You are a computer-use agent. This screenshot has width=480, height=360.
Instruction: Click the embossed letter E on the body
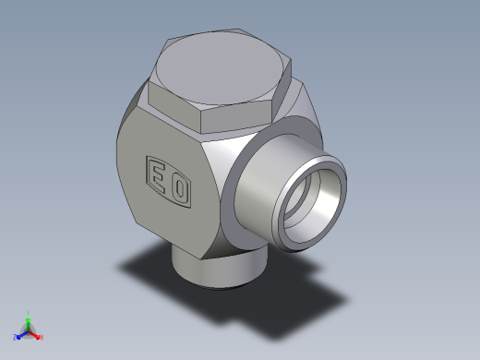(158, 178)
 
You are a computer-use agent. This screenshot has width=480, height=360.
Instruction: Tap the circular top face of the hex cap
(220, 68)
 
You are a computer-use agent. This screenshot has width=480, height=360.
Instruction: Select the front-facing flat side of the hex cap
(236, 118)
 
